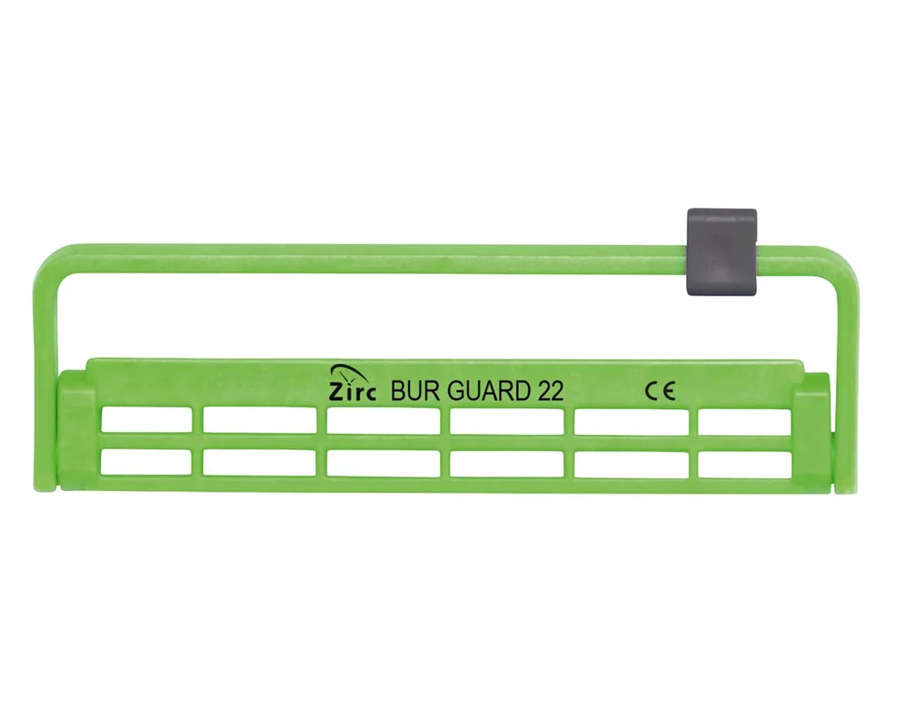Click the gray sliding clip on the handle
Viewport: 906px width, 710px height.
tap(721, 252)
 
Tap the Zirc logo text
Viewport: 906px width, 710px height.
tap(352, 392)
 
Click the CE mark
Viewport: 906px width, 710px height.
tap(660, 392)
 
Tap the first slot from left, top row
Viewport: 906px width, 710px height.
tap(146, 420)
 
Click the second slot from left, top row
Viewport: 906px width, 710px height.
tap(259, 420)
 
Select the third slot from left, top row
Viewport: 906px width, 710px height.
tap(383, 420)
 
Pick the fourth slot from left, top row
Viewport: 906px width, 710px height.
tap(507, 420)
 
